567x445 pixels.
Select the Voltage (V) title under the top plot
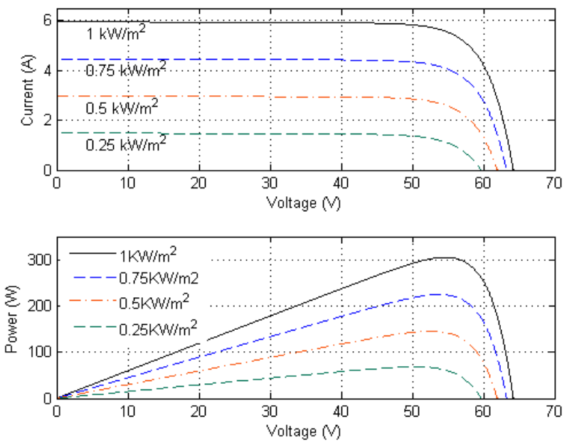[304, 203]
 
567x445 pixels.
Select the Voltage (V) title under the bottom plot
[304, 431]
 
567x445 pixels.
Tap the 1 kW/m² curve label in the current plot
[117, 33]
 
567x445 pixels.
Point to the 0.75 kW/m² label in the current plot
[126, 70]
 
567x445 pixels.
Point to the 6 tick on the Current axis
[48, 20]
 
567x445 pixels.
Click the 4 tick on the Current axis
[48, 70]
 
